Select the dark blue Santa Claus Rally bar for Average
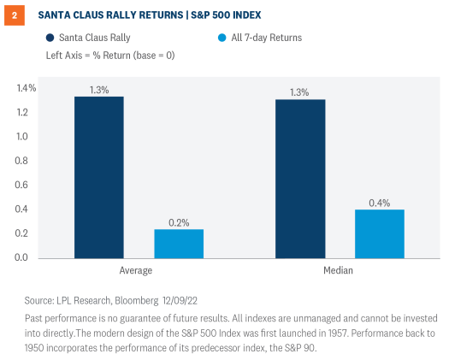coord(99,177)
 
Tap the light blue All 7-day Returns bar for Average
coord(179,244)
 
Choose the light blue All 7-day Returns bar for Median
coord(380,233)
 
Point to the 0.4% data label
coord(380,202)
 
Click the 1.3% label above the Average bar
coord(99,89)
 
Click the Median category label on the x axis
coord(340,270)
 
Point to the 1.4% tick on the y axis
coord(27,88)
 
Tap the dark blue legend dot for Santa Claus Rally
coord(50,38)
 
